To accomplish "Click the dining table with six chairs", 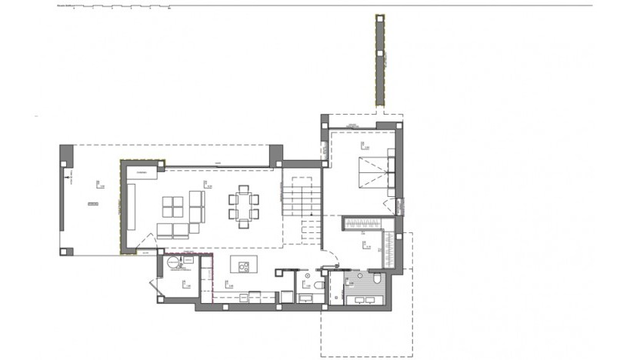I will (243, 205).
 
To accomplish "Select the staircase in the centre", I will (300, 196).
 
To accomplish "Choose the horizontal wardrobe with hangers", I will (358, 224).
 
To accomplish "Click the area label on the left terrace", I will (93, 203).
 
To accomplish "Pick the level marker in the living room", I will (206, 183).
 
